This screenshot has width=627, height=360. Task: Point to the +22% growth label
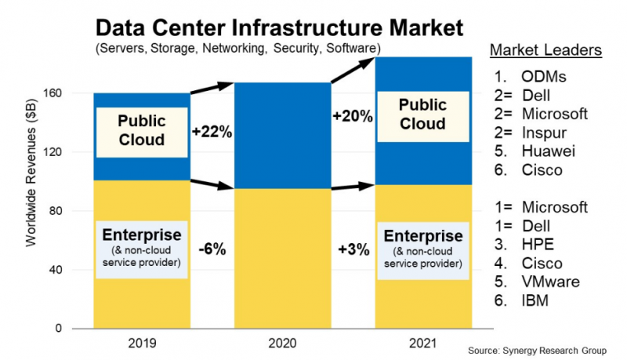pos(212,132)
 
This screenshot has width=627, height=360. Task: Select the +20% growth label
pos(352,115)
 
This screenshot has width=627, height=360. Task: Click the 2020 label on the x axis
pos(282,343)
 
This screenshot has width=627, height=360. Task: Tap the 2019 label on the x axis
pos(141,343)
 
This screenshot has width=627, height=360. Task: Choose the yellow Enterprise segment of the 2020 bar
pos(282,259)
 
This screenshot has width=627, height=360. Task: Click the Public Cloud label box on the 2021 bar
pos(422,115)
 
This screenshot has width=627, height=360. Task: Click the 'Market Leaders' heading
pos(545,51)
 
